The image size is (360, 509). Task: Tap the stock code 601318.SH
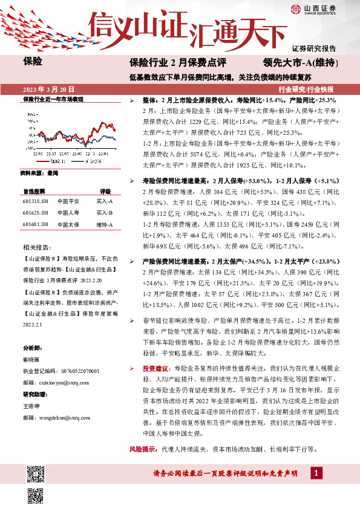coord(34,201)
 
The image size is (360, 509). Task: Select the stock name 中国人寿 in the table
coord(68,212)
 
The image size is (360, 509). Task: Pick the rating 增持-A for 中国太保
coord(105,224)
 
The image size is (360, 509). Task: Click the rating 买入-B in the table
coord(105,212)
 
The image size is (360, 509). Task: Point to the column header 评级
coord(105,190)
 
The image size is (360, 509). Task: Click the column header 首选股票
coord(35,190)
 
